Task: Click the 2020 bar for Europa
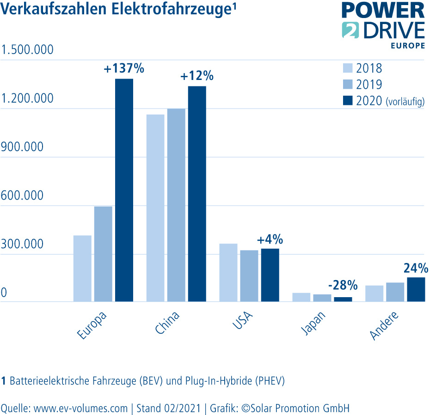[124, 190]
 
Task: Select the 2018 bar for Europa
[82, 269]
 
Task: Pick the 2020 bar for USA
[270, 275]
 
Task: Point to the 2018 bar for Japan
[301, 297]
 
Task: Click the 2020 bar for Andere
[416, 289]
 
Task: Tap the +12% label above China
[197, 76]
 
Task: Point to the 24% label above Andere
[416, 268]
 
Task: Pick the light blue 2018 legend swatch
[348, 68]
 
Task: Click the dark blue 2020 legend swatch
[348, 100]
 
